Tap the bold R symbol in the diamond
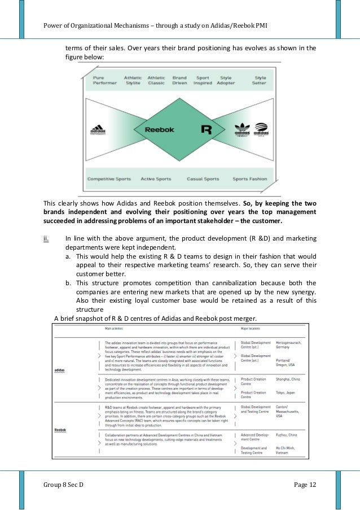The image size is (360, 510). [x=207, y=129]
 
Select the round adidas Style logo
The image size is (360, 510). [x=260, y=129]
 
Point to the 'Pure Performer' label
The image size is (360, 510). [x=105, y=80]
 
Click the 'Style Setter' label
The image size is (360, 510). [x=260, y=80]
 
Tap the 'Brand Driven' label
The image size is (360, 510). [x=179, y=80]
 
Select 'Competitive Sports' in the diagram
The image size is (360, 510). [x=109, y=179]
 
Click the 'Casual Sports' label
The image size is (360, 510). [x=203, y=179]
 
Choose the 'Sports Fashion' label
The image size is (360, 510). [x=249, y=179]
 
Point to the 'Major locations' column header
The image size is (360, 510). [x=253, y=328]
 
